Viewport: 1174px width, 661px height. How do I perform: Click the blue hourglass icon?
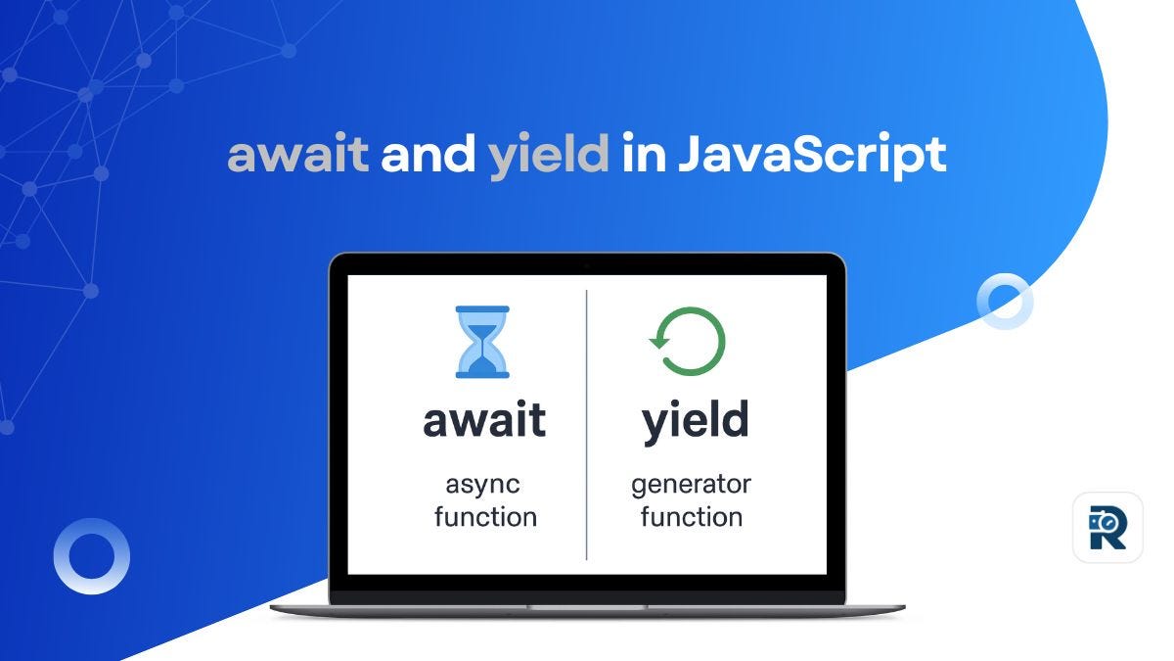[482, 342]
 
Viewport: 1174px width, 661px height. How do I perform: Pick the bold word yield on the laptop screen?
[695, 421]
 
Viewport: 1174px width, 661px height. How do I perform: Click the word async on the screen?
[483, 486]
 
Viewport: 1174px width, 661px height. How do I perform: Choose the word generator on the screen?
[691, 485]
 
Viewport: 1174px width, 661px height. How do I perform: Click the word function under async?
[485, 516]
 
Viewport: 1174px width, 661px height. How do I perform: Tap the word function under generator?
[691, 516]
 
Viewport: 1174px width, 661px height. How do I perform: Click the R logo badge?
[1106, 528]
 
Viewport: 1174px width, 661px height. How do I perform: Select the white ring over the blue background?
[91, 555]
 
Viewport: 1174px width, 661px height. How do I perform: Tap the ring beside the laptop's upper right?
[1005, 301]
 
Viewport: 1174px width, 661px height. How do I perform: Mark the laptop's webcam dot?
[587, 265]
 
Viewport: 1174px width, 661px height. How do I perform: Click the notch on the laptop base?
[587, 606]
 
